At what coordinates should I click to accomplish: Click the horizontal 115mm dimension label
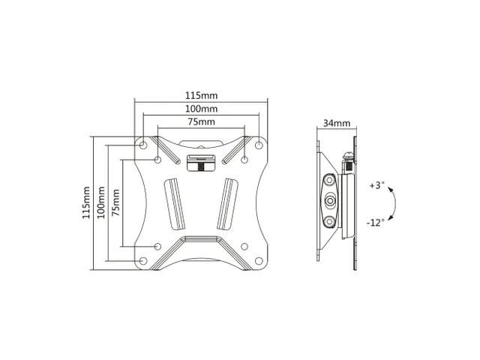pyautogui.click(x=201, y=95)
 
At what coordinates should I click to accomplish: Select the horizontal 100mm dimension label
pyautogui.click(x=201, y=109)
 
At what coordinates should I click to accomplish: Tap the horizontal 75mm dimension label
pyautogui.click(x=201, y=121)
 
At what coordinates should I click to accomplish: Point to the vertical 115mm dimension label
pyautogui.click(x=86, y=202)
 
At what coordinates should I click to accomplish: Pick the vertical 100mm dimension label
pyautogui.click(x=101, y=202)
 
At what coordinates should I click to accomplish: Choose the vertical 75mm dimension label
pyautogui.click(x=115, y=202)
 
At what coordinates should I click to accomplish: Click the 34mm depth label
pyautogui.click(x=337, y=123)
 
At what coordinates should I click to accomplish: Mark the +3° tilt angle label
pyautogui.click(x=376, y=185)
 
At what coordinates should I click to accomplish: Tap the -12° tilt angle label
pyautogui.click(x=375, y=222)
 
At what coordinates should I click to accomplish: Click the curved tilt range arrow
pyautogui.click(x=395, y=203)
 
